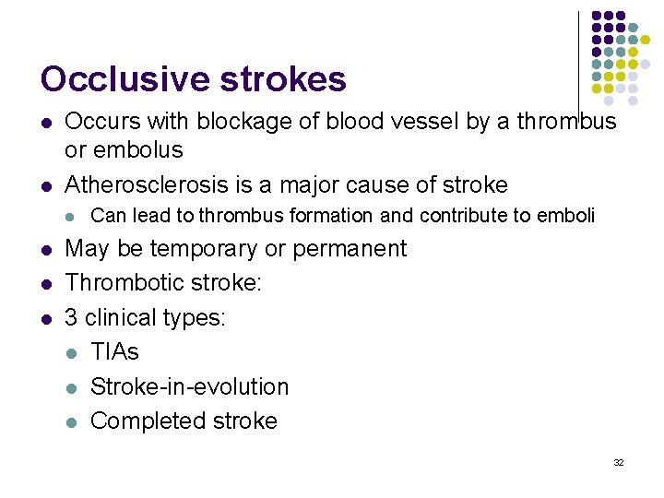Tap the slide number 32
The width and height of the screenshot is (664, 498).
click(x=619, y=461)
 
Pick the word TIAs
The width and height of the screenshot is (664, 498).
click(x=115, y=351)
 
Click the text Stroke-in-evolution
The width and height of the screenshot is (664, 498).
click(x=189, y=386)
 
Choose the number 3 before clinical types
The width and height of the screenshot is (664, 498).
click(x=71, y=318)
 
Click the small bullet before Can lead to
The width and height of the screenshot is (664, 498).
click(x=72, y=217)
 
